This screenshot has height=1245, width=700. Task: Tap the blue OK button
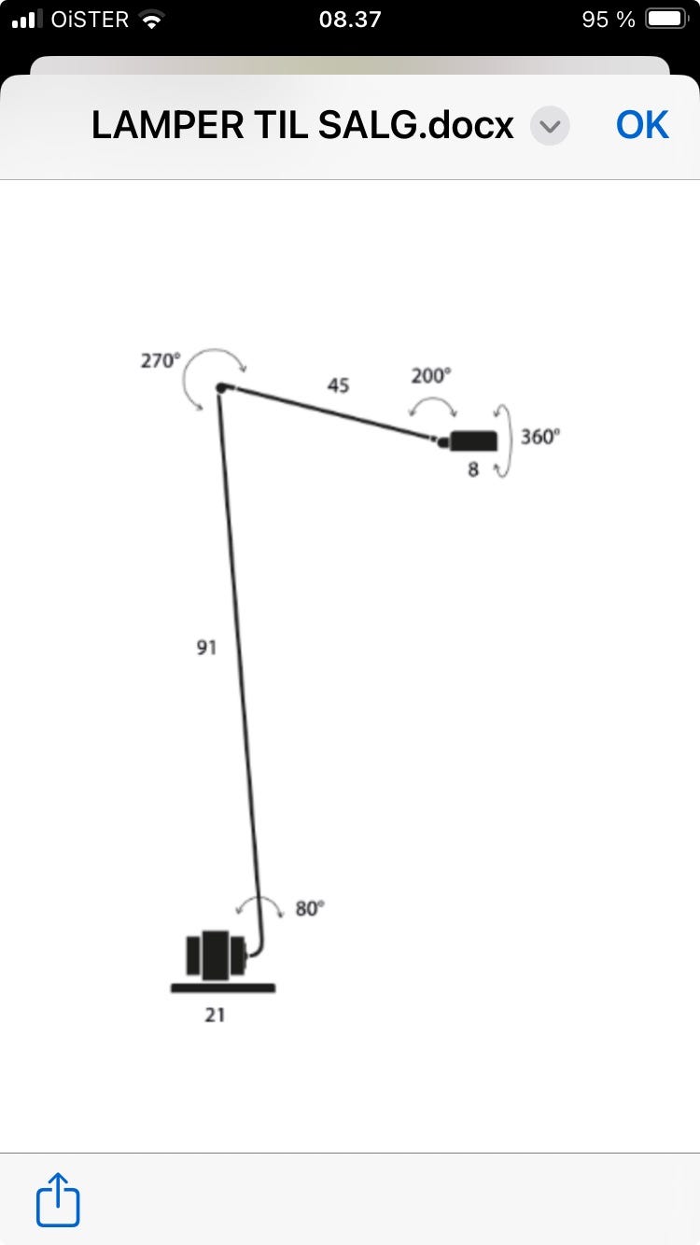pyautogui.click(x=642, y=124)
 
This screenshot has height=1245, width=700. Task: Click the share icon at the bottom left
pyautogui.click(x=58, y=1199)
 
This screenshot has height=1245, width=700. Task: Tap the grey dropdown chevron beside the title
pyautogui.click(x=550, y=126)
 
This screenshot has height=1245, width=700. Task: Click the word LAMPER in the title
pyautogui.click(x=167, y=125)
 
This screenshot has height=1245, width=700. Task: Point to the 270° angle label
pyautogui.click(x=161, y=361)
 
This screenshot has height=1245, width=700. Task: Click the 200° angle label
pyautogui.click(x=431, y=376)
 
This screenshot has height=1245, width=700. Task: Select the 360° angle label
pyautogui.click(x=539, y=437)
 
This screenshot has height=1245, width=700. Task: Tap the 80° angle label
pyautogui.click(x=310, y=909)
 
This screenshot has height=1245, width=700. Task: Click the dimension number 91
pyautogui.click(x=206, y=648)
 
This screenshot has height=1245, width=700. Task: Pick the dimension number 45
pyautogui.click(x=338, y=385)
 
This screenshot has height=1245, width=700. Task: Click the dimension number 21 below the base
pyautogui.click(x=215, y=1014)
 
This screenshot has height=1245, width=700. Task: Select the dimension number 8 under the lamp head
pyautogui.click(x=473, y=469)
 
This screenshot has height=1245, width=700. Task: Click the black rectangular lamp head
pyautogui.click(x=473, y=441)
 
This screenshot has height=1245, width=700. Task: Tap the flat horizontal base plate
pyautogui.click(x=223, y=987)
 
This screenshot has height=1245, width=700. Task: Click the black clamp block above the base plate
pyautogui.click(x=216, y=955)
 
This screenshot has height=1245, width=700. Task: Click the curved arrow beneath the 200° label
pyautogui.click(x=432, y=398)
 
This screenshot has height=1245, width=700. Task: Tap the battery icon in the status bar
pyautogui.click(x=667, y=20)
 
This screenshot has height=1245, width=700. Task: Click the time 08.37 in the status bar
pyautogui.click(x=350, y=20)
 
